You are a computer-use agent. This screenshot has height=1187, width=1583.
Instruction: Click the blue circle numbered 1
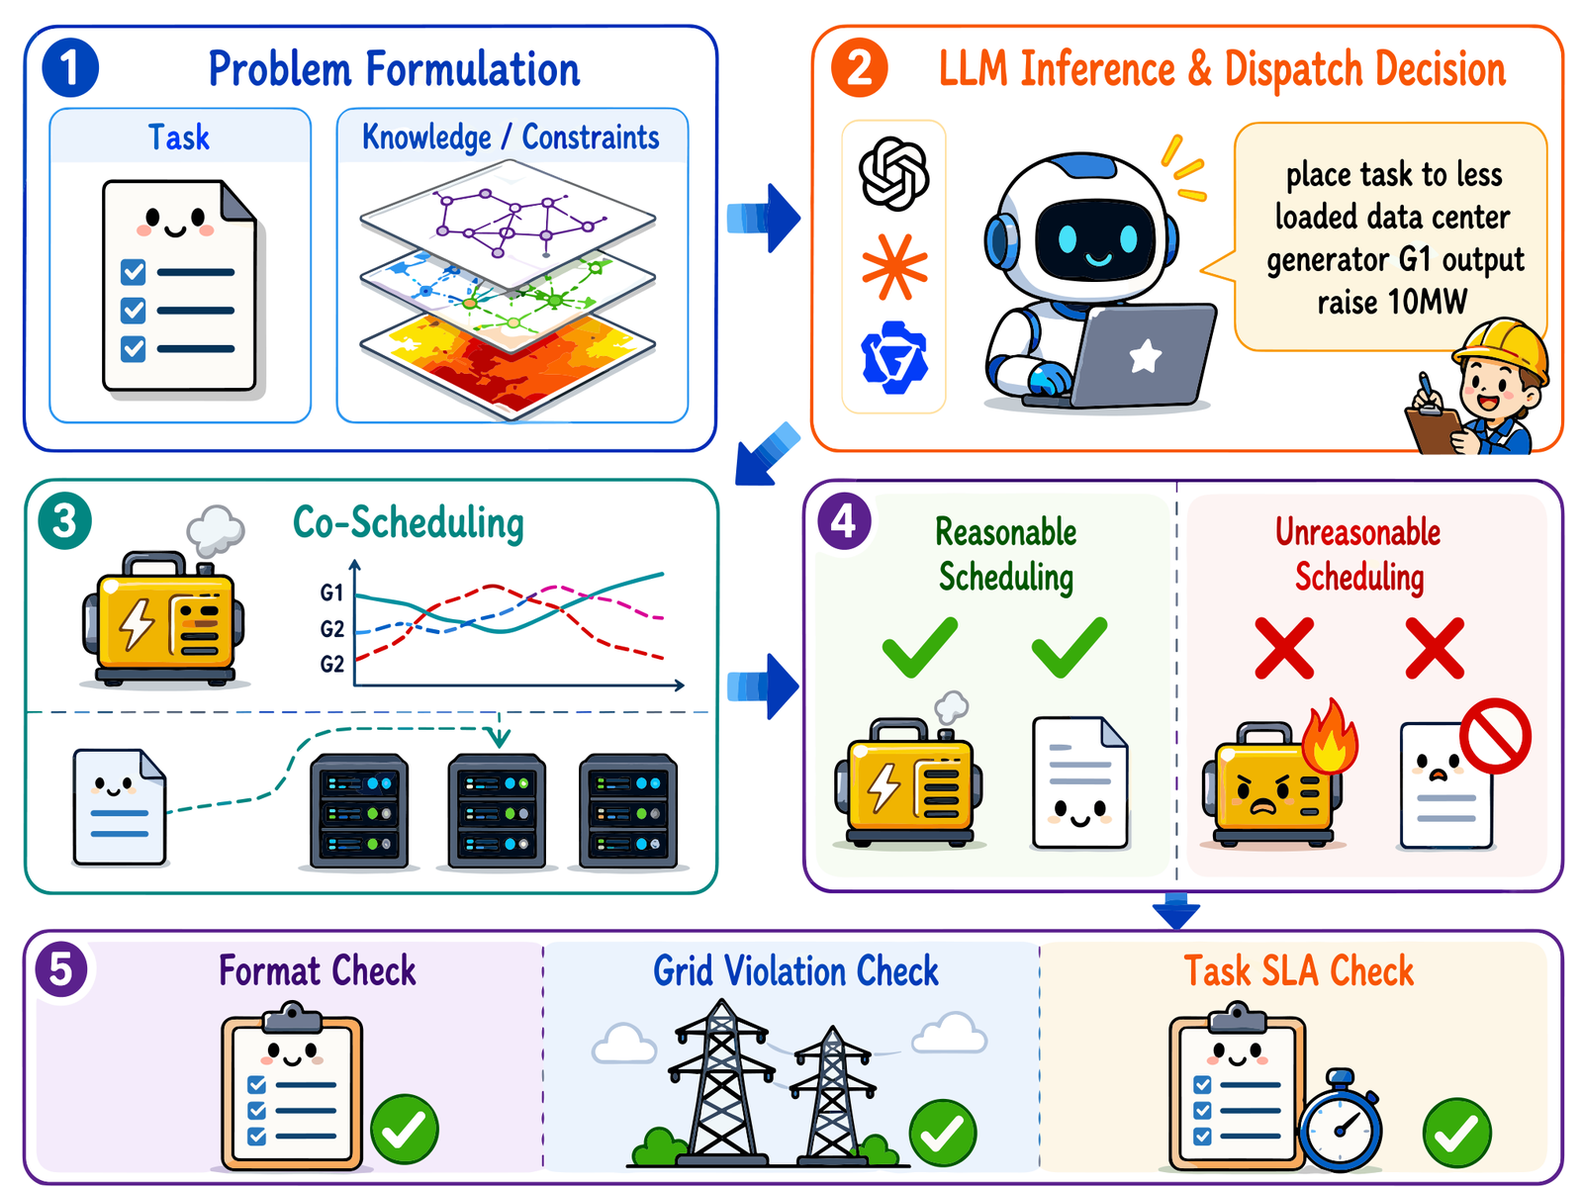[70, 67]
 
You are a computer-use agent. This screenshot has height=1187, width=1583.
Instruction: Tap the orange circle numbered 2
[859, 67]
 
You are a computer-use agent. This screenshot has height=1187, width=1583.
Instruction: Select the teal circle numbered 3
[65, 520]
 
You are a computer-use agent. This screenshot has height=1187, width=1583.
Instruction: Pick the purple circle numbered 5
[61, 969]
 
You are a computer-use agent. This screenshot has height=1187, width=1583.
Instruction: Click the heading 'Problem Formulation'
[394, 69]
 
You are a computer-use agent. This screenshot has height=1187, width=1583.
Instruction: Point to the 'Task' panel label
[179, 137]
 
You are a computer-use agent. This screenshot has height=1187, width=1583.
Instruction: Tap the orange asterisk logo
[894, 267]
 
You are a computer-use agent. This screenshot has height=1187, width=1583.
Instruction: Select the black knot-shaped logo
[893, 174]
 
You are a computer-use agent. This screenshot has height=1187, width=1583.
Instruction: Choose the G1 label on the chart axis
[331, 593]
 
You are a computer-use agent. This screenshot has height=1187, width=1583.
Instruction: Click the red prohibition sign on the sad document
[1495, 735]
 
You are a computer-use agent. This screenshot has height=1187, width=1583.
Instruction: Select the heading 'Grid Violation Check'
[795, 970]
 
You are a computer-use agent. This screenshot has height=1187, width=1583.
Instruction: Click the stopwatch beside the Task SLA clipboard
[1340, 1121]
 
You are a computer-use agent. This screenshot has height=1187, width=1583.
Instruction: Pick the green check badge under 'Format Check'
[404, 1129]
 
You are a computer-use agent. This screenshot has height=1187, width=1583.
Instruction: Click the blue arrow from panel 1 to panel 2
[763, 218]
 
